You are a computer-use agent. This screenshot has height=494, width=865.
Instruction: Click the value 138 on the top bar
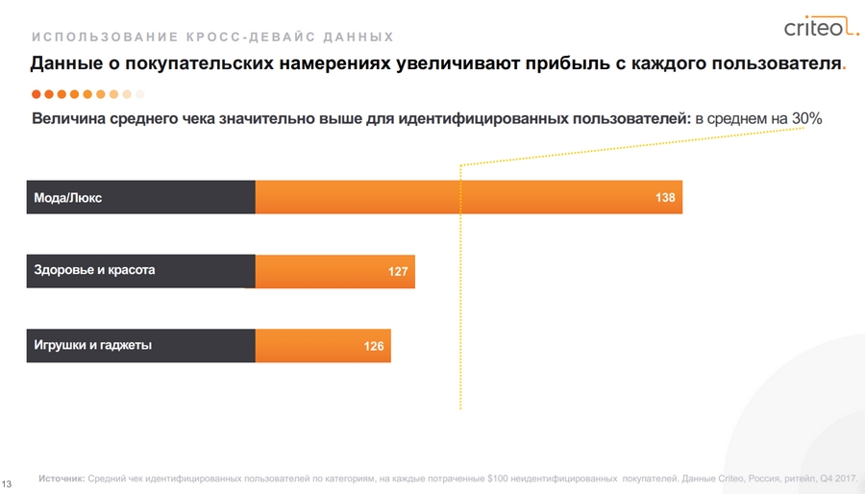[665, 198]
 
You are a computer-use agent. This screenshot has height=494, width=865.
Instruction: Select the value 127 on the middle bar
[399, 272]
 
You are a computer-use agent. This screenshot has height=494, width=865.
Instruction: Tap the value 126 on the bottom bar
[374, 346]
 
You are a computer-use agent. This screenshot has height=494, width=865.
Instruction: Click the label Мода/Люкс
[67, 198]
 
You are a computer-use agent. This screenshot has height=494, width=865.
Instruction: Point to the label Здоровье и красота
[94, 270]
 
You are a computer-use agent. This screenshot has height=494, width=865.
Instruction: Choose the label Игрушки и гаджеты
[92, 345]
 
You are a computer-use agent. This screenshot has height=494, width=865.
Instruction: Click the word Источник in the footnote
[62, 478]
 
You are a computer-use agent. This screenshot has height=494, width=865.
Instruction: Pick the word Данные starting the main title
[63, 64]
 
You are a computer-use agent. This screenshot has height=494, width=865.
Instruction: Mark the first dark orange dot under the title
[37, 94]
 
